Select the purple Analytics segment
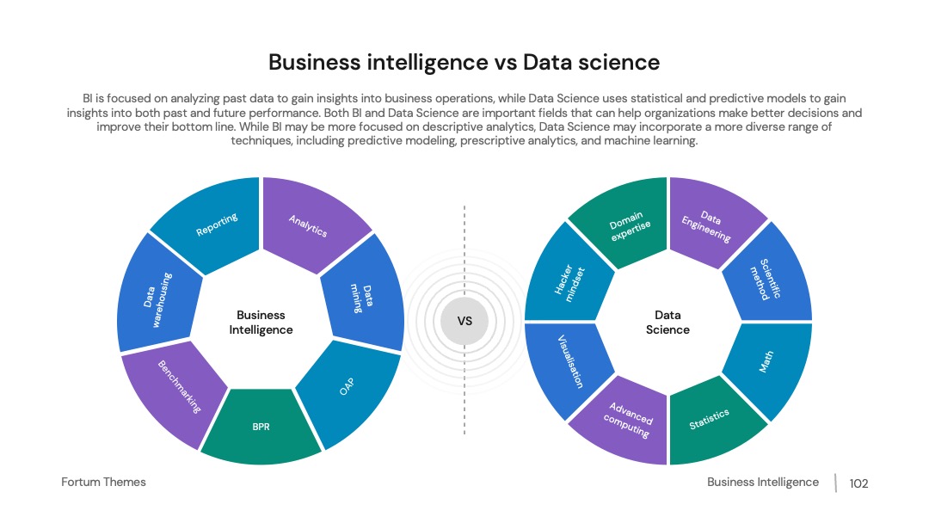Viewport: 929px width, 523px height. pyautogui.click(x=308, y=225)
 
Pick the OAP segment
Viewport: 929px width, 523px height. pyautogui.click(x=348, y=388)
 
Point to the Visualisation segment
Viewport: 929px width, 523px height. pyautogui.click(x=569, y=364)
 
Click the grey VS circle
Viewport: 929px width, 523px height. pyautogui.click(x=464, y=321)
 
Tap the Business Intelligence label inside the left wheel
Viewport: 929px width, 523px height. pyautogui.click(x=261, y=323)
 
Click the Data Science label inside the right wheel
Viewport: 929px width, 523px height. pyautogui.click(x=668, y=323)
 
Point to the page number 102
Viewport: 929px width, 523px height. pyautogui.click(x=858, y=483)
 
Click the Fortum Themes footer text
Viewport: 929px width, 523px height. pyautogui.click(x=104, y=482)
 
